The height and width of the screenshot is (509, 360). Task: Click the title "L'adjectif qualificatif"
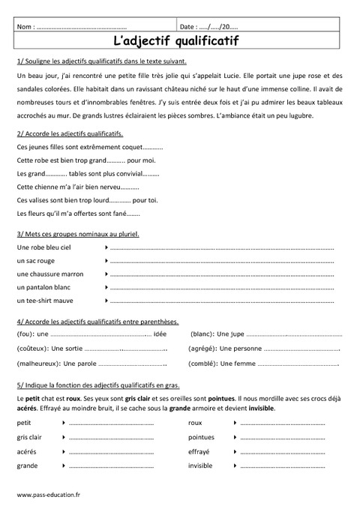click(180, 41)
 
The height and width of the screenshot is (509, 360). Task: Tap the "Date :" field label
click(191, 26)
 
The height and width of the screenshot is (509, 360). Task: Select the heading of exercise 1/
click(101, 60)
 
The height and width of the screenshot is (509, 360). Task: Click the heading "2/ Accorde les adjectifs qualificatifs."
click(69, 133)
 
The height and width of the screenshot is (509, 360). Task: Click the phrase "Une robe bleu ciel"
click(43, 247)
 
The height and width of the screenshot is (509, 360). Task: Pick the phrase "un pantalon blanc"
click(43, 287)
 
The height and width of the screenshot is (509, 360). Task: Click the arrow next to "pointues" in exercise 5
click(235, 437)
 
